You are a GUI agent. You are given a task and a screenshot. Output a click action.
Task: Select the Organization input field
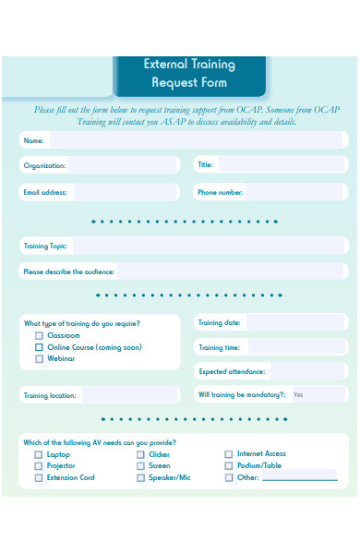point(123,165)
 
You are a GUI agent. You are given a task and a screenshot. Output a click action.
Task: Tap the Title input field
point(282,165)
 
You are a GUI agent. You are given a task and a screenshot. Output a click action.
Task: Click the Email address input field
point(124,192)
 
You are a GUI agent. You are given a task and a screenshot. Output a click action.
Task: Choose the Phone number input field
point(296,192)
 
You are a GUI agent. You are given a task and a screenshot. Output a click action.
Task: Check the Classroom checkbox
point(39,336)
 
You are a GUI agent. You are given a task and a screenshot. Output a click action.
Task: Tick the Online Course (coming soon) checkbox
point(39,347)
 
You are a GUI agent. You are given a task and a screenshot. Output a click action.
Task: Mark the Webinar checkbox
point(39,358)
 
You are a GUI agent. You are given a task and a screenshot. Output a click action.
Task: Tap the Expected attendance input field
point(308,371)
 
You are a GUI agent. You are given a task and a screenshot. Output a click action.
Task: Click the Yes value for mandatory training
point(298,394)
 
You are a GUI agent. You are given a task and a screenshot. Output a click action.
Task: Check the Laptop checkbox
point(39,454)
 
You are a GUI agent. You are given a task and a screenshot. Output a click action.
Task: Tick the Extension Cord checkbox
point(39,477)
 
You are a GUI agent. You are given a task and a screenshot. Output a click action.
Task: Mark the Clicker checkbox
point(140,454)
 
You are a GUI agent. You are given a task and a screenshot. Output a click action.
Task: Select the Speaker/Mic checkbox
point(140,477)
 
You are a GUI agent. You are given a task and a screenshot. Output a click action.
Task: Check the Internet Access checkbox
point(229,453)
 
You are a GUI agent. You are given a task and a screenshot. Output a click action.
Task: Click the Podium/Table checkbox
point(229,465)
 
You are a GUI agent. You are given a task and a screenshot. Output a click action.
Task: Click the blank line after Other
point(300,478)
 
